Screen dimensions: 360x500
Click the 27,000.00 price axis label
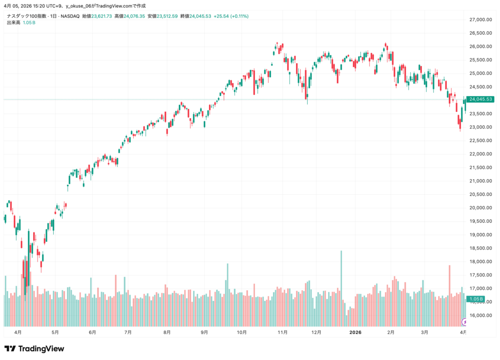click(x=479, y=20)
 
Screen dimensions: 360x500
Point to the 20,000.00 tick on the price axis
click(x=479, y=208)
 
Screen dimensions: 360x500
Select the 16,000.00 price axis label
click(x=479, y=315)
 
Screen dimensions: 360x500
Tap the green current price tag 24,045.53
click(x=480, y=100)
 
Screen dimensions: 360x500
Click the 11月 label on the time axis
click(x=282, y=332)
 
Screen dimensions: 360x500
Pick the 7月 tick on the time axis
click(x=128, y=332)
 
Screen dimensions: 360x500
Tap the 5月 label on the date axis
click(x=55, y=332)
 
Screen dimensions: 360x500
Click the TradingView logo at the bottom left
click(x=34, y=349)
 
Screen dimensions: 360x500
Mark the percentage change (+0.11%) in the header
click(x=238, y=16)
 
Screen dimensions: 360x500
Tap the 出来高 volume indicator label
click(x=13, y=22)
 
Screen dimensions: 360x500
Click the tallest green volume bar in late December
click(x=341, y=288)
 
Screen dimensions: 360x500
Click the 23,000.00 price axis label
click(x=479, y=127)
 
